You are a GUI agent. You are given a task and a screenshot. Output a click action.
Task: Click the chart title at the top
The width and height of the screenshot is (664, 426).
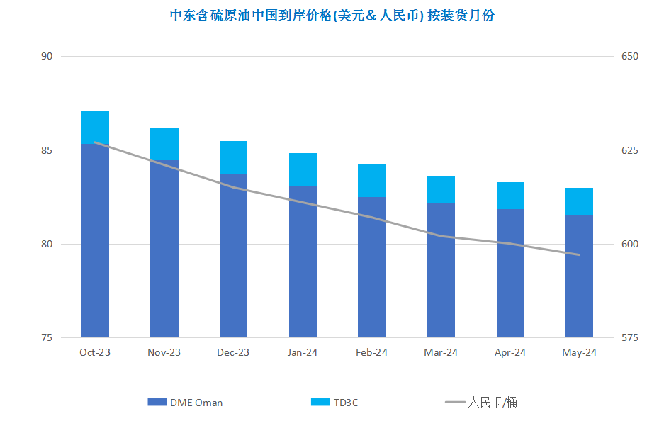[x=332, y=16]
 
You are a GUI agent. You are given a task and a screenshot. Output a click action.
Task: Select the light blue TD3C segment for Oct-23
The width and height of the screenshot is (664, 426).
[x=95, y=128]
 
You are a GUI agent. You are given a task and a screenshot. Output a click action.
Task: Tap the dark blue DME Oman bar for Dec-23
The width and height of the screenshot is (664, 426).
[x=233, y=255]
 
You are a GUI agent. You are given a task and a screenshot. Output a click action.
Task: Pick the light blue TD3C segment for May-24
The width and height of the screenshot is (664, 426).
[x=579, y=201]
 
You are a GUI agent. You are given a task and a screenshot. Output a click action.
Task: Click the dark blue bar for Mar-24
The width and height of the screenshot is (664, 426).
[x=441, y=270]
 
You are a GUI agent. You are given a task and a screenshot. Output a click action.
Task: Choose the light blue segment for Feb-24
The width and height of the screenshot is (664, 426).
[x=372, y=181]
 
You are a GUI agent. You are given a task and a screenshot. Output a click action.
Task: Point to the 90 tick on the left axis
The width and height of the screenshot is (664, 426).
[x=47, y=56]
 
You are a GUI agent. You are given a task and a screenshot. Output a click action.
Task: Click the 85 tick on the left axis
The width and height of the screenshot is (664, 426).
[x=47, y=150]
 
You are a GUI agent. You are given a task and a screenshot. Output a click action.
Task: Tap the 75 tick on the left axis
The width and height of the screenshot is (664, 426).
[x=47, y=338]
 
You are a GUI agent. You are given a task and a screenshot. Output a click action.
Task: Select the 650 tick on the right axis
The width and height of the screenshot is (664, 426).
[x=630, y=56]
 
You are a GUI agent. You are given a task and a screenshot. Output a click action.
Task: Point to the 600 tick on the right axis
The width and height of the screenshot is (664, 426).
[x=630, y=245]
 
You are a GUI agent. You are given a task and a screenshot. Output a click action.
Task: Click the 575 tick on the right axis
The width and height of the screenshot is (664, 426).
[x=630, y=338]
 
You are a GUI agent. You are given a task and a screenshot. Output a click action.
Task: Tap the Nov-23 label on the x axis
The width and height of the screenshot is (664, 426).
[x=164, y=352]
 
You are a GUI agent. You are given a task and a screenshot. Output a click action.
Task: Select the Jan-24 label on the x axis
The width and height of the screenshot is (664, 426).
[x=303, y=352]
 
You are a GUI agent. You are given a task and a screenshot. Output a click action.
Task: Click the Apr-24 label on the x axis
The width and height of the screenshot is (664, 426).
[x=510, y=352]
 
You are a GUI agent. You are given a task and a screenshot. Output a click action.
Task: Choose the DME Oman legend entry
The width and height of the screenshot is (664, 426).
[x=185, y=403]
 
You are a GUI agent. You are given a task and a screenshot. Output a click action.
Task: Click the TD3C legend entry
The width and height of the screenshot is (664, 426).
[x=334, y=403]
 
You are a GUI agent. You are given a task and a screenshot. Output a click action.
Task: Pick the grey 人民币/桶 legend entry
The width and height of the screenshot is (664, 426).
[x=481, y=402]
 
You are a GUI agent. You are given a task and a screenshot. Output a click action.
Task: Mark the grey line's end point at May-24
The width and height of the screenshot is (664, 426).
[x=579, y=255]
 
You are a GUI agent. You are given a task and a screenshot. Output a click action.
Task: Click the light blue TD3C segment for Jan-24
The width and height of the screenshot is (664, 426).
[x=303, y=169]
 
